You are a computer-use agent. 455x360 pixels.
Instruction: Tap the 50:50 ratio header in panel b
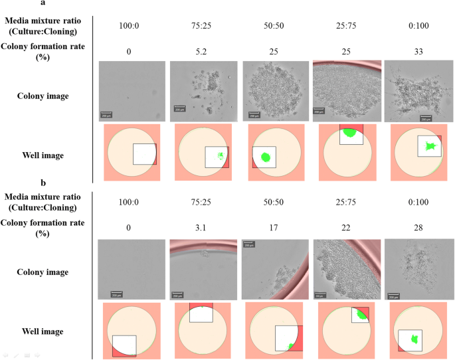[x=272, y=203]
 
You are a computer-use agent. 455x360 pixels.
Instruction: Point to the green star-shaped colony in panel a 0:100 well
[x=430, y=145]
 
